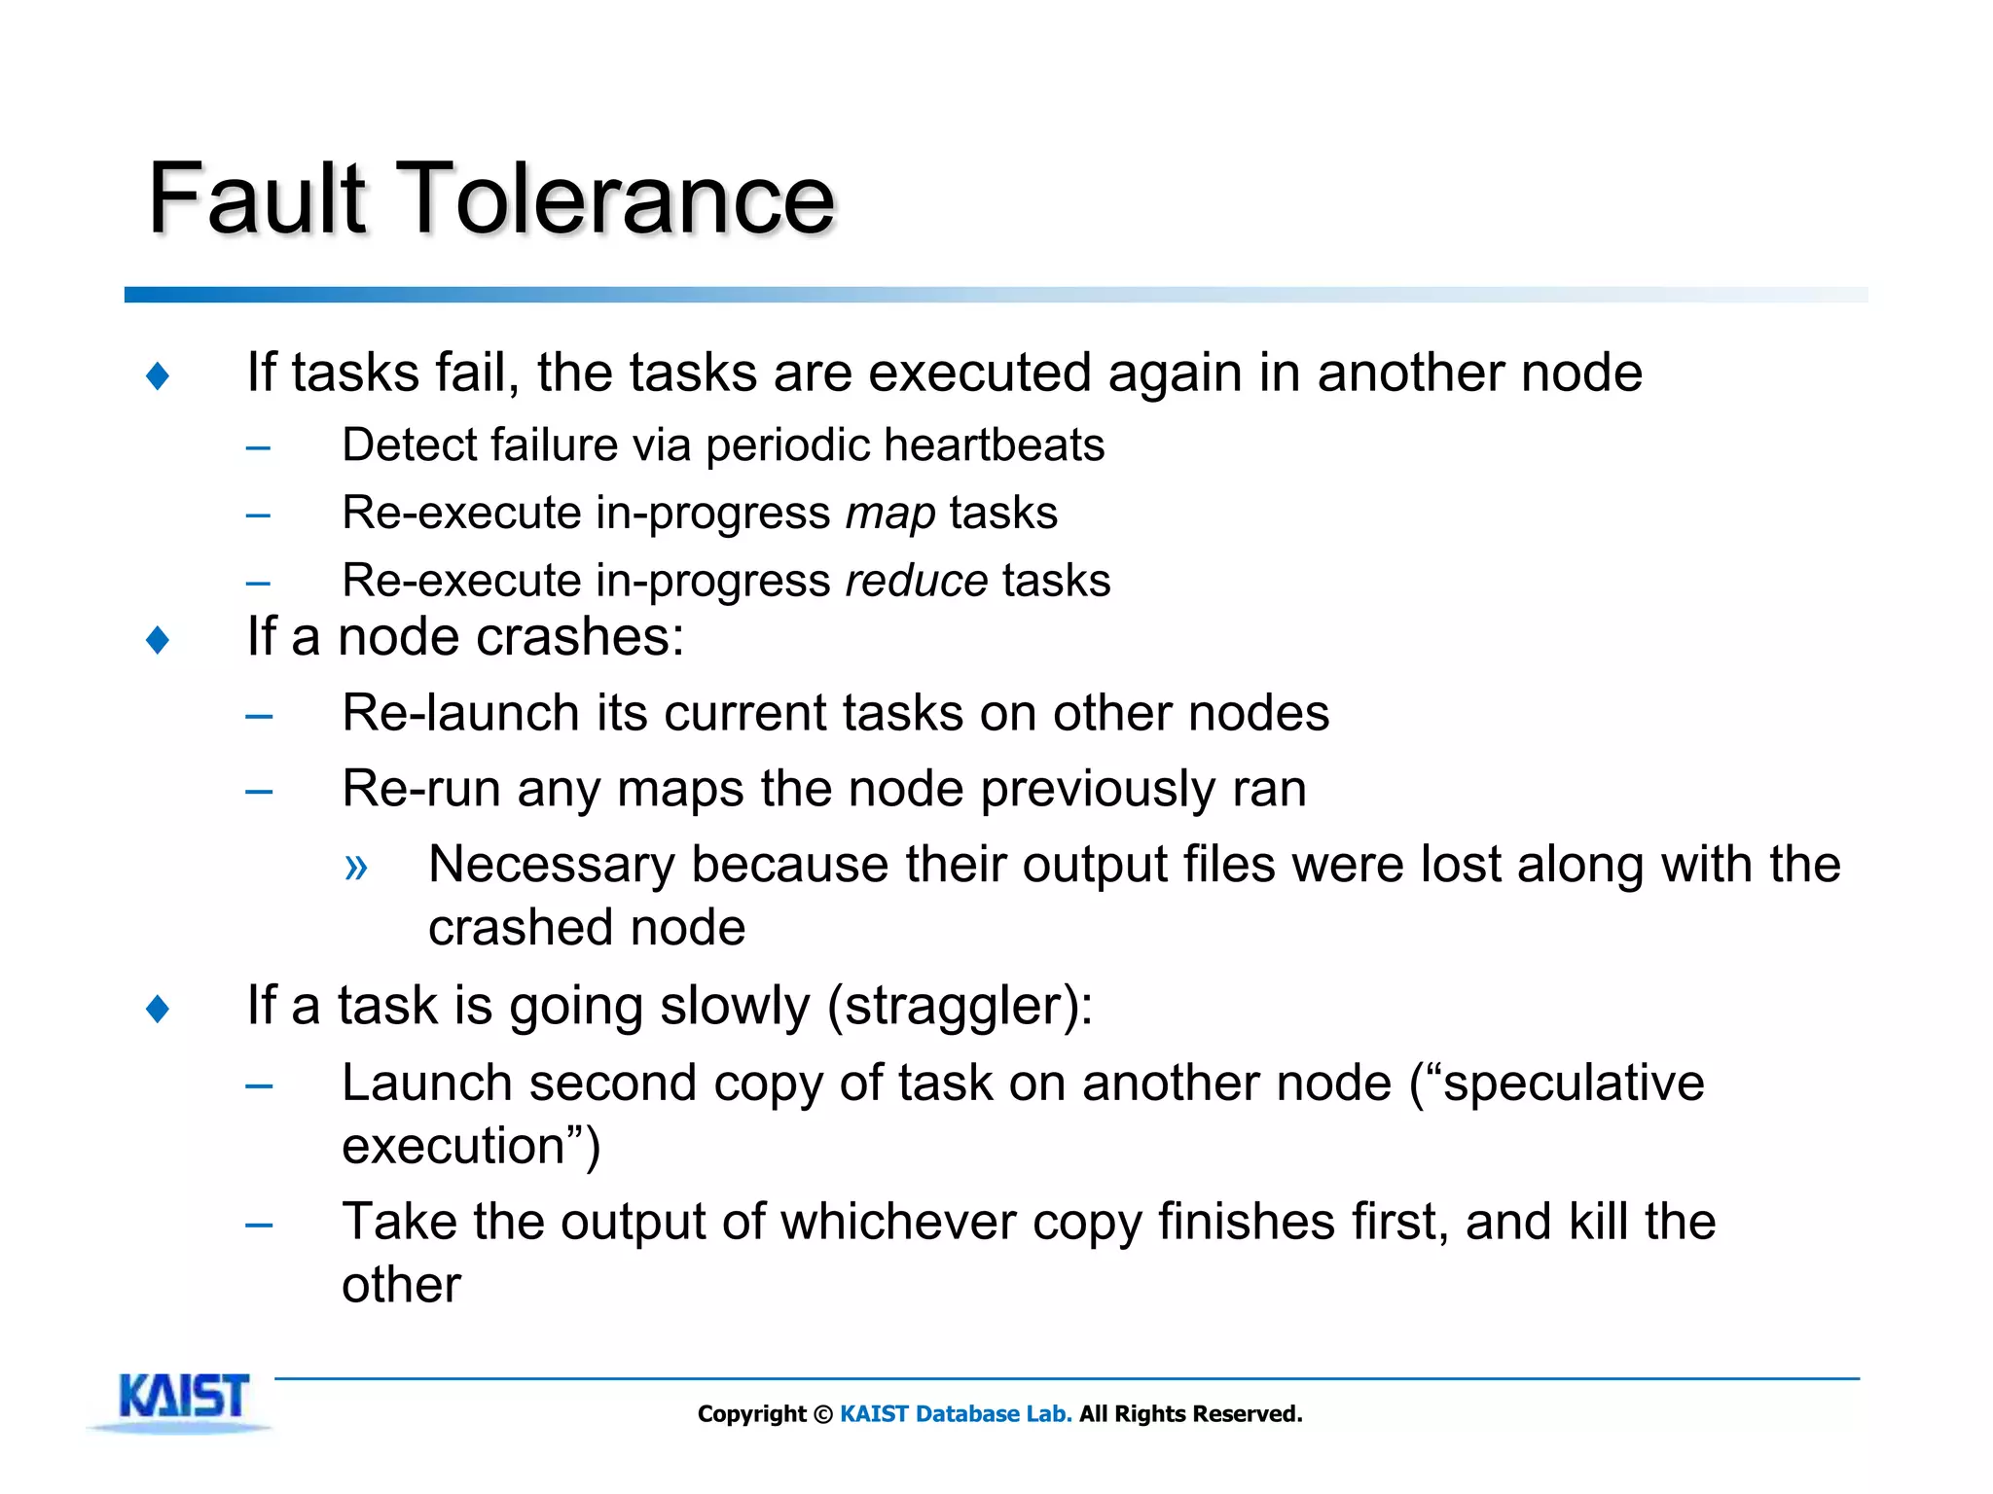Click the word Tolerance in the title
pyautogui.click(x=617, y=198)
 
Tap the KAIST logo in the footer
pyautogui.click(x=183, y=1399)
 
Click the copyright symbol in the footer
pyautogui.click(x=822, y=1414)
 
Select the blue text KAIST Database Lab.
pyautogui.click(x=956, y=1414)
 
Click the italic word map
pyautogui.click(x=890, y=513)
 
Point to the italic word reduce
pyautogui.click(x=917, y=581)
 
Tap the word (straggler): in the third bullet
pyautogui.click(x=960, y=1006)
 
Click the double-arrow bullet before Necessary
pyautogui.click(x=356, y=866)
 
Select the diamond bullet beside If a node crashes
pyautogui.click(x=158, y=640)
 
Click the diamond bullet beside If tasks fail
pyautogui.click(x=158, y=375)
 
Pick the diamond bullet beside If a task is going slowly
pyautogui.click(x=158, y=1009)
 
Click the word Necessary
pyautogui.click(x=551, y=865)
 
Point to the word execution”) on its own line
pyautogui.click(x=471, y=1146)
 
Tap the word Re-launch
pyautogui.click(x=461, y=713)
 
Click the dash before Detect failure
pyautogui.click(x=258, y=448)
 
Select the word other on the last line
pyautogui.click(x=401, y=1285)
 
